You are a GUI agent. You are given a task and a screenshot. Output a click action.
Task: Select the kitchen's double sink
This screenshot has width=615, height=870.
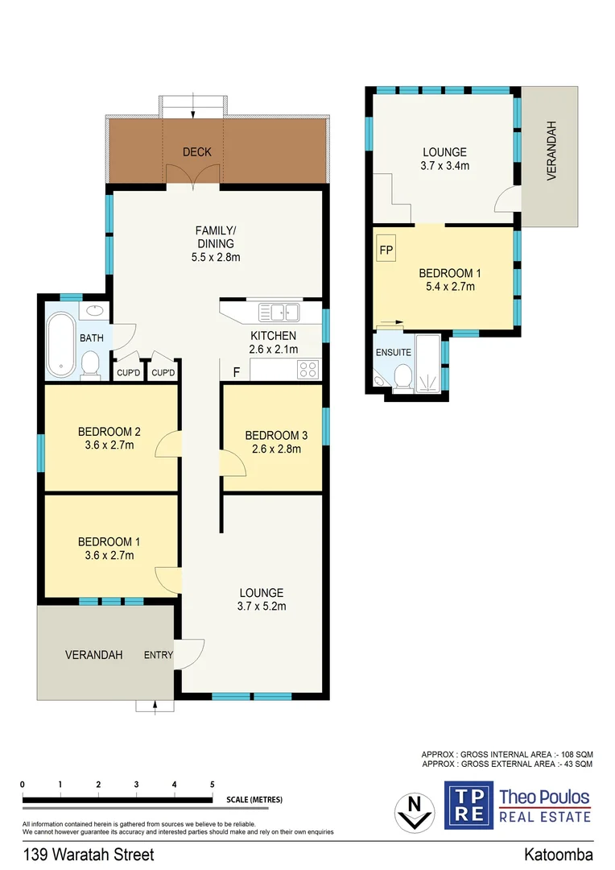coord(278,311)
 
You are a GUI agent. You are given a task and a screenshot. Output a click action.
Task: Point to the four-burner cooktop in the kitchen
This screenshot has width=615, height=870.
coord(307,370)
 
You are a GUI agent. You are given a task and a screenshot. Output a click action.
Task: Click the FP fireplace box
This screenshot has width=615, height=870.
coord(386,250)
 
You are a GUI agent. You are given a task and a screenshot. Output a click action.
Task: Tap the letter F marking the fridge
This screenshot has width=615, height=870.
coord(236,372)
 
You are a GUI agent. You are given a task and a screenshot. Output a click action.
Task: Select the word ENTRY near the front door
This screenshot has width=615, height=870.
coord(159,655)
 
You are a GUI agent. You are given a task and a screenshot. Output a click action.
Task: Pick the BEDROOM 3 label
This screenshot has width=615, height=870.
coord(273,436)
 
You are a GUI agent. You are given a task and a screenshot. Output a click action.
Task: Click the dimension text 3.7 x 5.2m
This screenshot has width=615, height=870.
coord(261,607)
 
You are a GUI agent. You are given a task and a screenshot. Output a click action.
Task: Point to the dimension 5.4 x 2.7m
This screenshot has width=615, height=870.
coord(448,286)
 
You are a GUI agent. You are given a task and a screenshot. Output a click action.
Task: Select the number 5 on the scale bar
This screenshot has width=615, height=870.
coord(213,784)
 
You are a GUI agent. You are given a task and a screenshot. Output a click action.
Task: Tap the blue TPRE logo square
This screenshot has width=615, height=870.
coord(468,803)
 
